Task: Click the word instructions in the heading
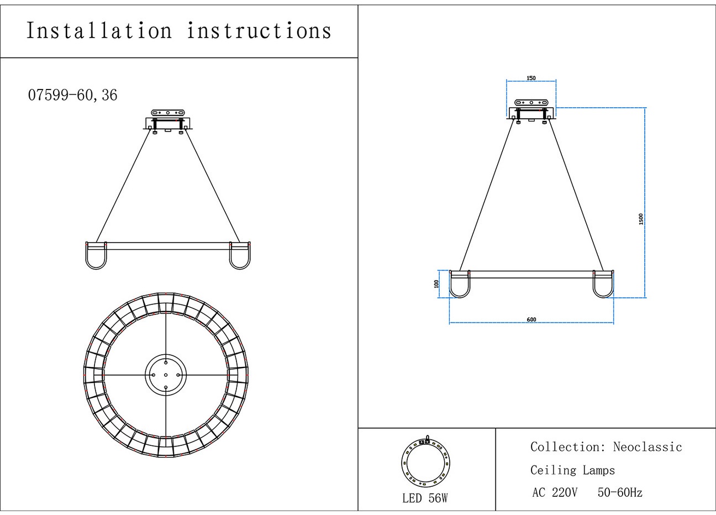259,31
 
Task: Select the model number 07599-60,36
72,95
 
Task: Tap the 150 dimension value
531,78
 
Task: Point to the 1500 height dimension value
641,219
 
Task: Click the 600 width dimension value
531,319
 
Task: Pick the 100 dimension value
437,283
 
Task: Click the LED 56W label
425,498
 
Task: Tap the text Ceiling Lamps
572,470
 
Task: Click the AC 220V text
555,492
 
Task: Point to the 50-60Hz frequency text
620,492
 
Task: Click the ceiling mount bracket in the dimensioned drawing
531,110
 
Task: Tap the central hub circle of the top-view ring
166,374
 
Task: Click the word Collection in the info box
561,447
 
